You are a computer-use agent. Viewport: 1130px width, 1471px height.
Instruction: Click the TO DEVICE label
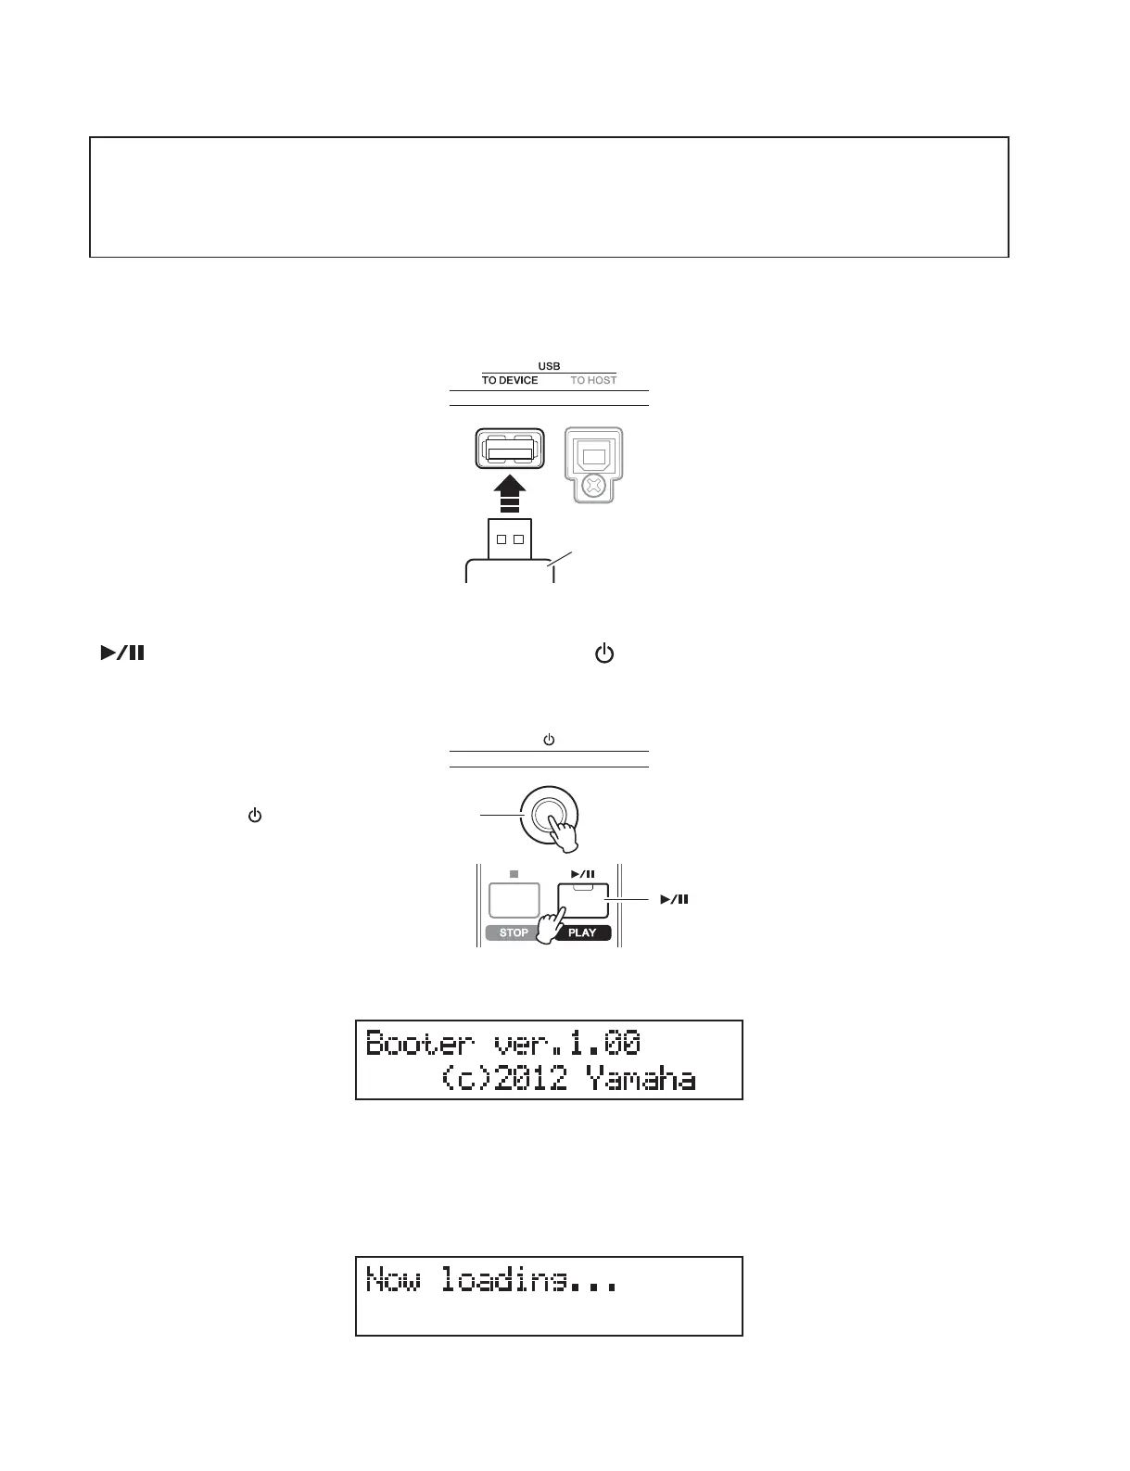coord(509,380)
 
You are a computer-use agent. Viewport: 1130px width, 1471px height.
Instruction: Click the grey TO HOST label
coord(593,380)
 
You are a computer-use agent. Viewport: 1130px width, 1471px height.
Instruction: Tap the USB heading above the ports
coord(549,366)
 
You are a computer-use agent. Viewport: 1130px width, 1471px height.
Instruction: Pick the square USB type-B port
coord(593,453)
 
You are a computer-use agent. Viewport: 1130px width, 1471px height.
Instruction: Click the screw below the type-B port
coord(593,485)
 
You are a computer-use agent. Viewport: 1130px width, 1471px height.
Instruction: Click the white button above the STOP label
coord(514,900)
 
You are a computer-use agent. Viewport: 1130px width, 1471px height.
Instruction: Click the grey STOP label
coord(514,932)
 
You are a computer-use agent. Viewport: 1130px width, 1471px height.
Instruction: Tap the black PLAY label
coord(582,932)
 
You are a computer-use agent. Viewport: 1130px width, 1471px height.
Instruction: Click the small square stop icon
coord(514,873)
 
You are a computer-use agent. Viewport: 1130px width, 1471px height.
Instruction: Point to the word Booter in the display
coord(419,1044)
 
